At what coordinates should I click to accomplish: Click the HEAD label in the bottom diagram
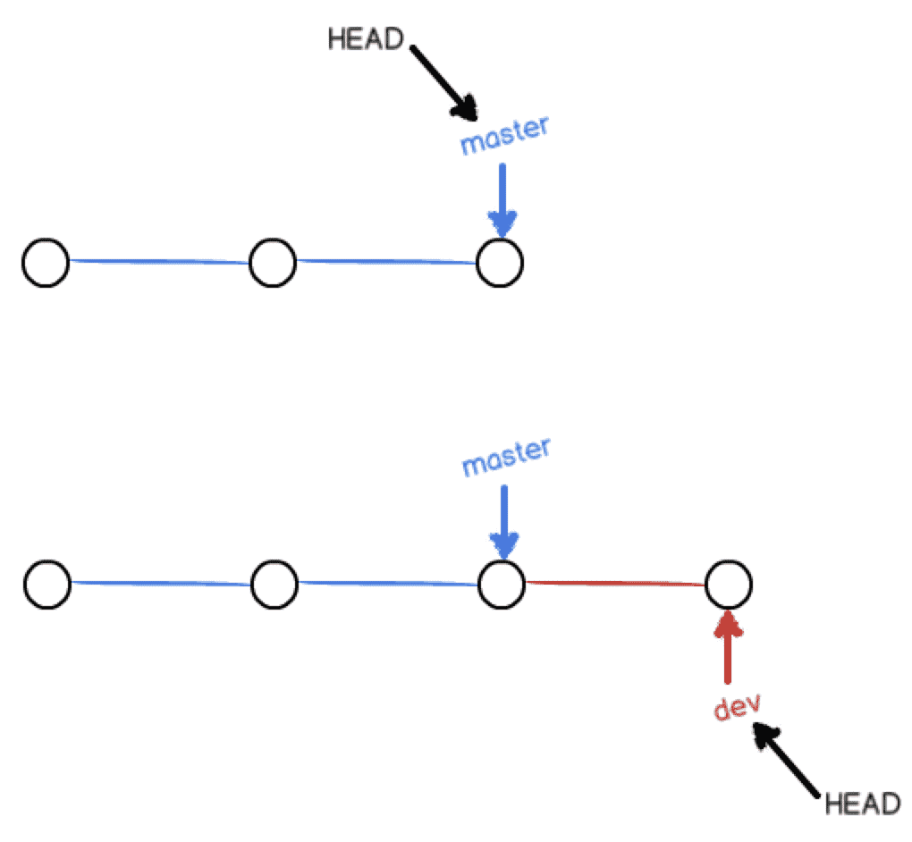(x=861, y=803)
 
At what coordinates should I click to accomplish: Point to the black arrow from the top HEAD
(x=444, y=81)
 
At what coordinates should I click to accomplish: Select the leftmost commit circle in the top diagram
(x=46, y=263)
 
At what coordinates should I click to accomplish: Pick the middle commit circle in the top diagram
(x=273, y=263)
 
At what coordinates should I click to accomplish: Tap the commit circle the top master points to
(x=500, y=264)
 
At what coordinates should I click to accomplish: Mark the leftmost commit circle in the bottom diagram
(x=47, y=585)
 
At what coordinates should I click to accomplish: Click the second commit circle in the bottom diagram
(x=274, y=585)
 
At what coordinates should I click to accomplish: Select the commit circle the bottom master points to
(x=502, y=585)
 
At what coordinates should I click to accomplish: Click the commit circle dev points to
(x=729, y=585)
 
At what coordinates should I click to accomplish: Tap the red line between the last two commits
(x=615, y=585)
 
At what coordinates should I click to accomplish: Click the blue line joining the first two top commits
(x=159, y=262)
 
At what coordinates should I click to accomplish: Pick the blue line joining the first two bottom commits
(x=161, y=584)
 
